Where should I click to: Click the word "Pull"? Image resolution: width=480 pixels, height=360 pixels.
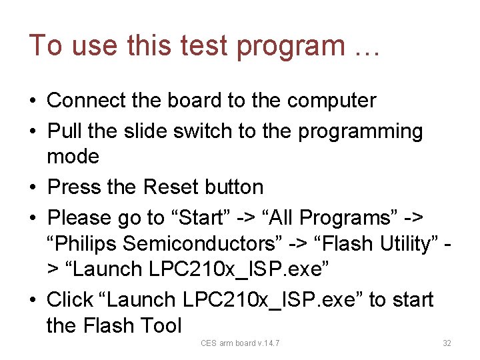point(65,131)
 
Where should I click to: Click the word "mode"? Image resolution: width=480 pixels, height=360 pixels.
point(73,157)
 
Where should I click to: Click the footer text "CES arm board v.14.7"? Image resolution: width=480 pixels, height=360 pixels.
point(240,343)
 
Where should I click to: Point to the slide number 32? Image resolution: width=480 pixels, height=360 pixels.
point(447,343)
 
